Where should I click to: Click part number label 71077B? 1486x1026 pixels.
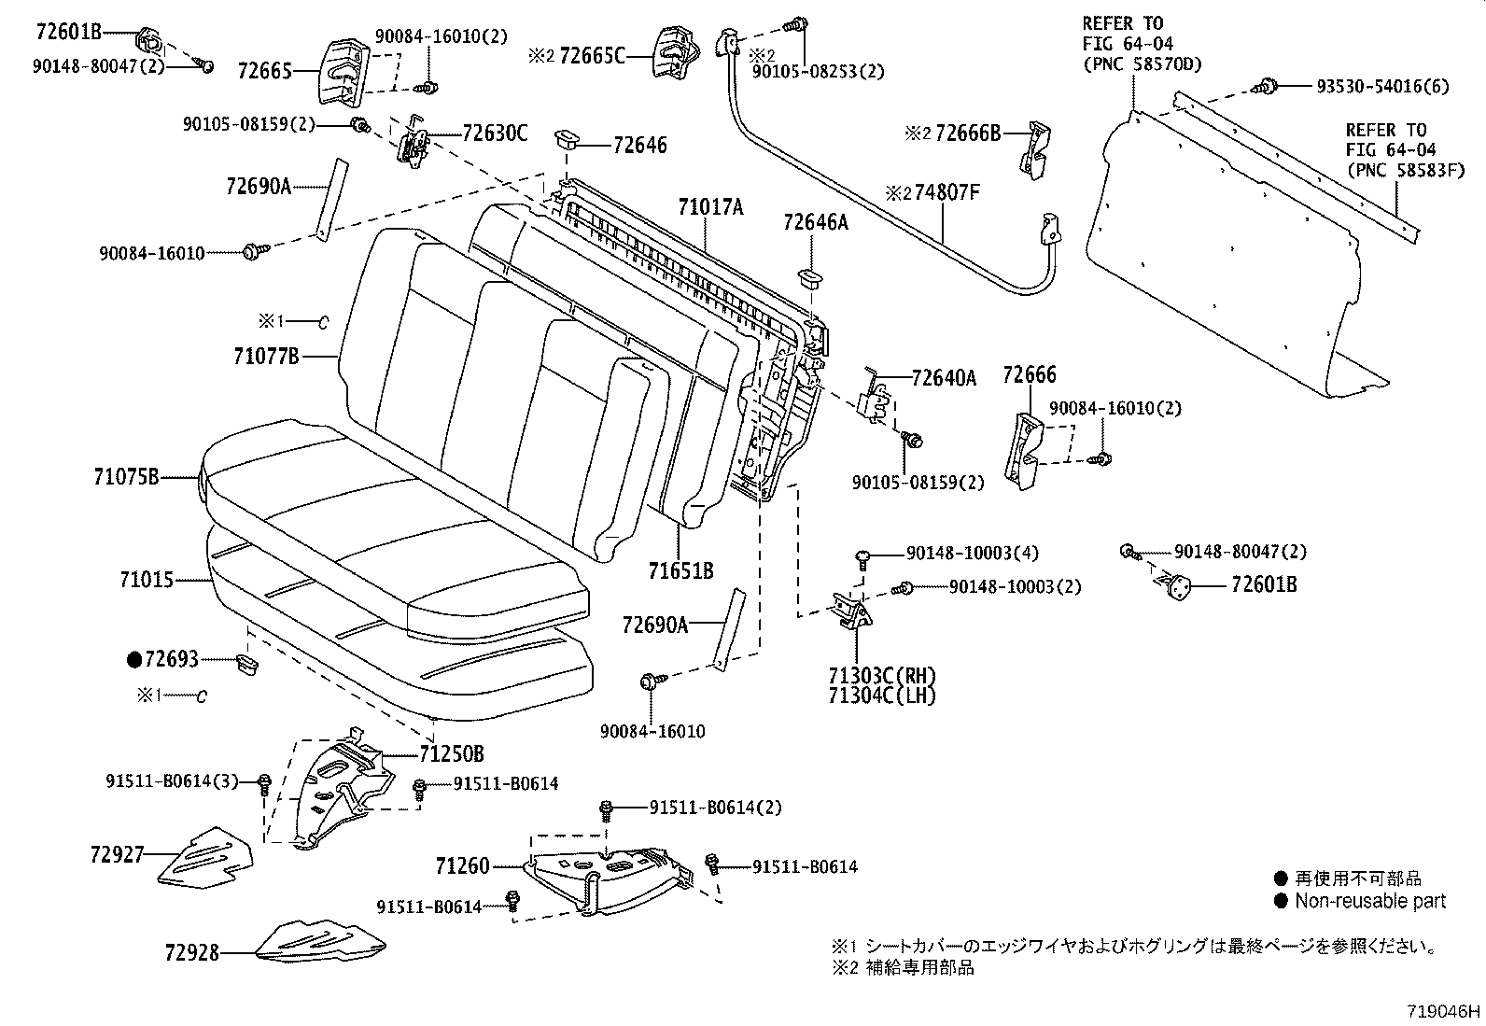266,356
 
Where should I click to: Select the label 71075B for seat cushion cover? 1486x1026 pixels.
126,477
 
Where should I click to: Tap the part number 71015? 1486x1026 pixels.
147,580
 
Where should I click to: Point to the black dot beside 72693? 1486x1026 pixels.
133,660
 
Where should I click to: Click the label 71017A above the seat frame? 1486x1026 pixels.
710,208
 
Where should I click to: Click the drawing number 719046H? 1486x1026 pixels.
1443,1011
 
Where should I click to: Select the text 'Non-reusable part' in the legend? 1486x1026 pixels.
1369,901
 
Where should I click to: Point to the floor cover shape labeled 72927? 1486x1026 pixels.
205,854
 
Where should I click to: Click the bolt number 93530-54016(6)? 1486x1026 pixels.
1369,86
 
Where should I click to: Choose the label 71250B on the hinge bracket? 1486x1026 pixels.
451,753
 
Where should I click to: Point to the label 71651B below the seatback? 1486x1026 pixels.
681,569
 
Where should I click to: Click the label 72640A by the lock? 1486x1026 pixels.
944,377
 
